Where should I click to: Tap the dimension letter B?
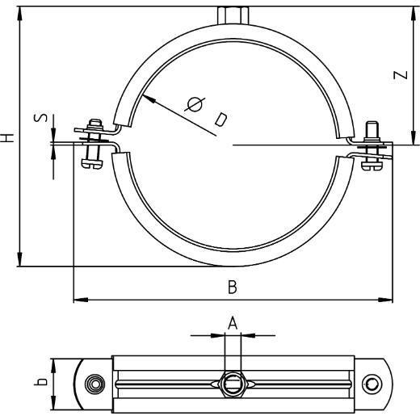[233, 287]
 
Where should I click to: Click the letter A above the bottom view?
[233, 323]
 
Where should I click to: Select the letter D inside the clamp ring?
[220, 120]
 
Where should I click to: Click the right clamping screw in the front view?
[372, 146]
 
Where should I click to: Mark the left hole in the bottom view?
[96, 383]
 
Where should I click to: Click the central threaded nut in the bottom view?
[233, 383]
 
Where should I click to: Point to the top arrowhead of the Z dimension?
[412, 8]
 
